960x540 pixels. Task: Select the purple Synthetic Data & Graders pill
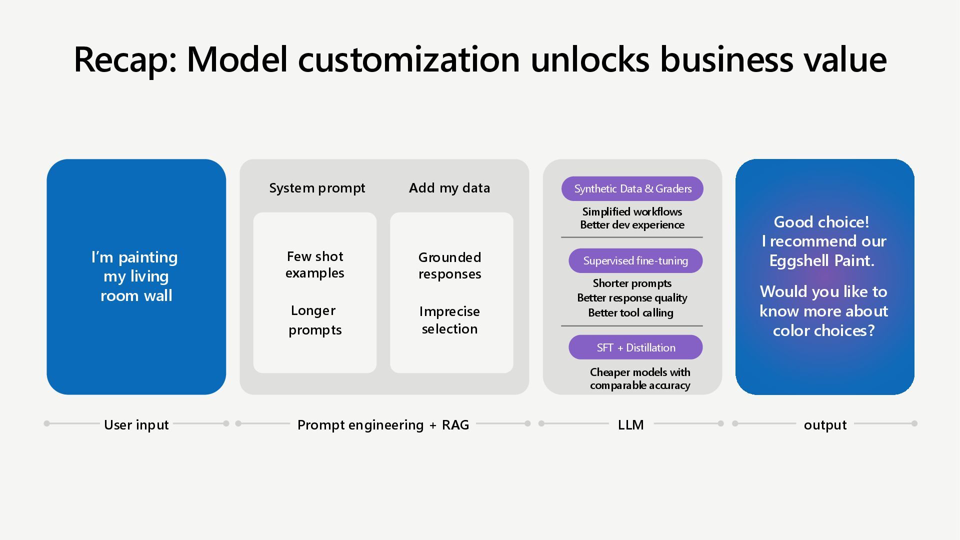point(632,189)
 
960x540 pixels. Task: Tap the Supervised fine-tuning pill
point(635,261)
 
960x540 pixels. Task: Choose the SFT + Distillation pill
point(635,347)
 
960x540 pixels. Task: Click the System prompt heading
point(317,188)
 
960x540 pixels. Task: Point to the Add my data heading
point(449,188)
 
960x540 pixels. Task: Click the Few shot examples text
point(315,264)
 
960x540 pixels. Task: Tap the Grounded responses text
point(450,265)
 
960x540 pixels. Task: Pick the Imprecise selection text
point(450,320)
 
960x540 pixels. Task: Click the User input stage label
point(136,425)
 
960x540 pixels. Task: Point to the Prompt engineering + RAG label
point(383,425)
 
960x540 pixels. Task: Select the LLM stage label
point(630,425)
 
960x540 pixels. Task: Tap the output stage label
point(825,425)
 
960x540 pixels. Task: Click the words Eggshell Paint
point(821,261)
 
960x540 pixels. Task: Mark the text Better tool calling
point(630,313)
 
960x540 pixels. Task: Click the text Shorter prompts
point(632,283)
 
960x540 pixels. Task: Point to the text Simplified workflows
point(632,212)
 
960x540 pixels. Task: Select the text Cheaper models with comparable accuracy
point(640,379)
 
